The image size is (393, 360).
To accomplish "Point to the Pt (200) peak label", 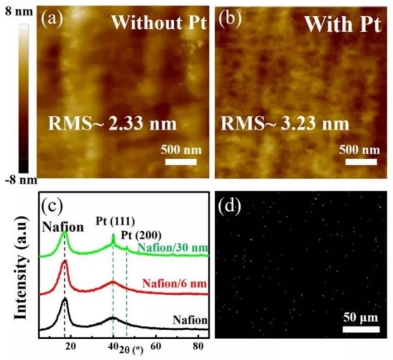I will (x=147, y=235).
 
